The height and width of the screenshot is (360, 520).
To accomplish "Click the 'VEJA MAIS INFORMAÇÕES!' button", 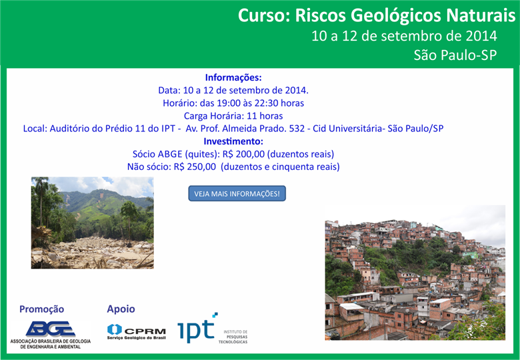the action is (x=237, y=193).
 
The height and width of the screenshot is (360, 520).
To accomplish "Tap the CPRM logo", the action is (x=136, y=331).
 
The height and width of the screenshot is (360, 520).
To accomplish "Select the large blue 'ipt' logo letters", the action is (x=196, y=329).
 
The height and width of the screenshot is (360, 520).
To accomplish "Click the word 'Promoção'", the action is (x=41, y=309).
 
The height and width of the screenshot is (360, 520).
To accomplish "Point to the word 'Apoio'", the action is (x=121, y=309).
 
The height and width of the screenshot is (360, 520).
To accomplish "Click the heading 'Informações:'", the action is (x=233, y=77).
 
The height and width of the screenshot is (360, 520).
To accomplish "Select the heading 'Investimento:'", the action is (x=233, y=141).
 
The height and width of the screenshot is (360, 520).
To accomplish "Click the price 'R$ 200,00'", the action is (x=243, y=154).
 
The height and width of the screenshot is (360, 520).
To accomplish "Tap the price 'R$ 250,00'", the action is (x=195, y=167).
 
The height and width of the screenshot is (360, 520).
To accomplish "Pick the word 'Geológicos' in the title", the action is (x=368, y=16).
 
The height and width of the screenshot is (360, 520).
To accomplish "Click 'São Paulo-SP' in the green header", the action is (x=455, y=55).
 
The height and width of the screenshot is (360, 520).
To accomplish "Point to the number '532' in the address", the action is (x=297, y=129).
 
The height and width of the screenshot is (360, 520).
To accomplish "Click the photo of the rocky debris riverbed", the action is (x=93, y=223).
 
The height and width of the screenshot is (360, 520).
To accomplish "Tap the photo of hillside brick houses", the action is (x=415, y=273).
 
